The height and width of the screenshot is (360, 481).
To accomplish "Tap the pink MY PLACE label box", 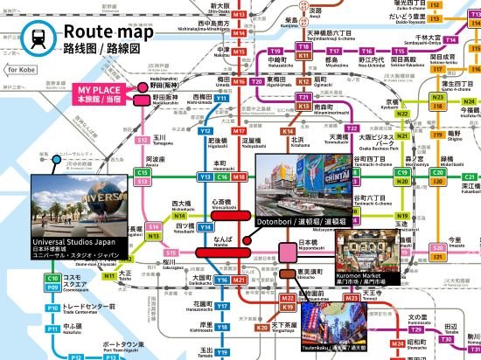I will (x=102, y=95).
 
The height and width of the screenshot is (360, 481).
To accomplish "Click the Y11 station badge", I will (x=221, y=123).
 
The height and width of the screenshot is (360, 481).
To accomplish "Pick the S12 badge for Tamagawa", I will (x=143, y=163).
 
